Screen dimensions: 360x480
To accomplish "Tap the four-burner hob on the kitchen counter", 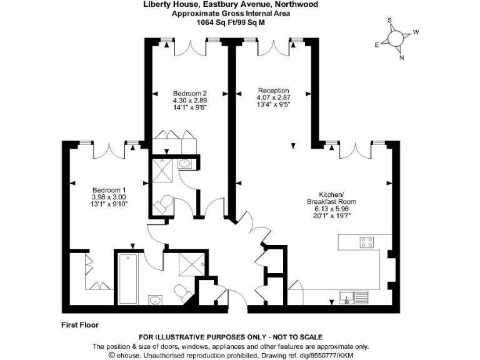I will click(x=366, y=242).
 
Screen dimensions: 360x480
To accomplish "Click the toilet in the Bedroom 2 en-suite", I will click(x=165, y=203).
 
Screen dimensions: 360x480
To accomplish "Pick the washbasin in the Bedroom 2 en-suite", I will click(x=186, y=164).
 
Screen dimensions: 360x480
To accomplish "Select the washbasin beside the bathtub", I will click(x=155, y=301).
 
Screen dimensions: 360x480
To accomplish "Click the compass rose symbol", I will click(x=396, y=38).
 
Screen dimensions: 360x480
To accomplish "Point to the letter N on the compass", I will click(x=402, y=58).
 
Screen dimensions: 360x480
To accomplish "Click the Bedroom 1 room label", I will click(x=109, y=190).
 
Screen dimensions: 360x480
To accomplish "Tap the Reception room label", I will click(x=274, y=91).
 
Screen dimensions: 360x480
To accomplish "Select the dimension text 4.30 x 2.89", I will click(x=189, y=100).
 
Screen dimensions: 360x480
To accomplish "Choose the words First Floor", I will click(x=80, y=325).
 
